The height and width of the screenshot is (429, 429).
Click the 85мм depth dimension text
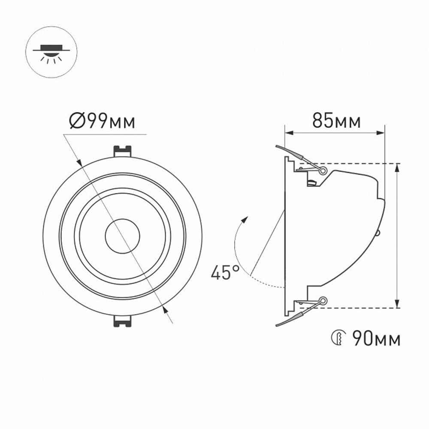(336, 121)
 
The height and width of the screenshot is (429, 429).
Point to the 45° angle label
(225, 273)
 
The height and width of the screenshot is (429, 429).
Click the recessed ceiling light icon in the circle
(52, 51)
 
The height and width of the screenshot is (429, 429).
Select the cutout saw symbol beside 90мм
(338, 339)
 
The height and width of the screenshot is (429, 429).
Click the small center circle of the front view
(123, 236)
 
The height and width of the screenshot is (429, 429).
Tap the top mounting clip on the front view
(122, 151)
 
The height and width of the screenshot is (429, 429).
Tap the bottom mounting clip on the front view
(122, 321)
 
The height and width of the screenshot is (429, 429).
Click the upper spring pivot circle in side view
(323, 171)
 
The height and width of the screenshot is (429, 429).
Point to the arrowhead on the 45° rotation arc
(245, 219)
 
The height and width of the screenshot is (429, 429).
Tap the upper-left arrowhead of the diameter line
(79, 162)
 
